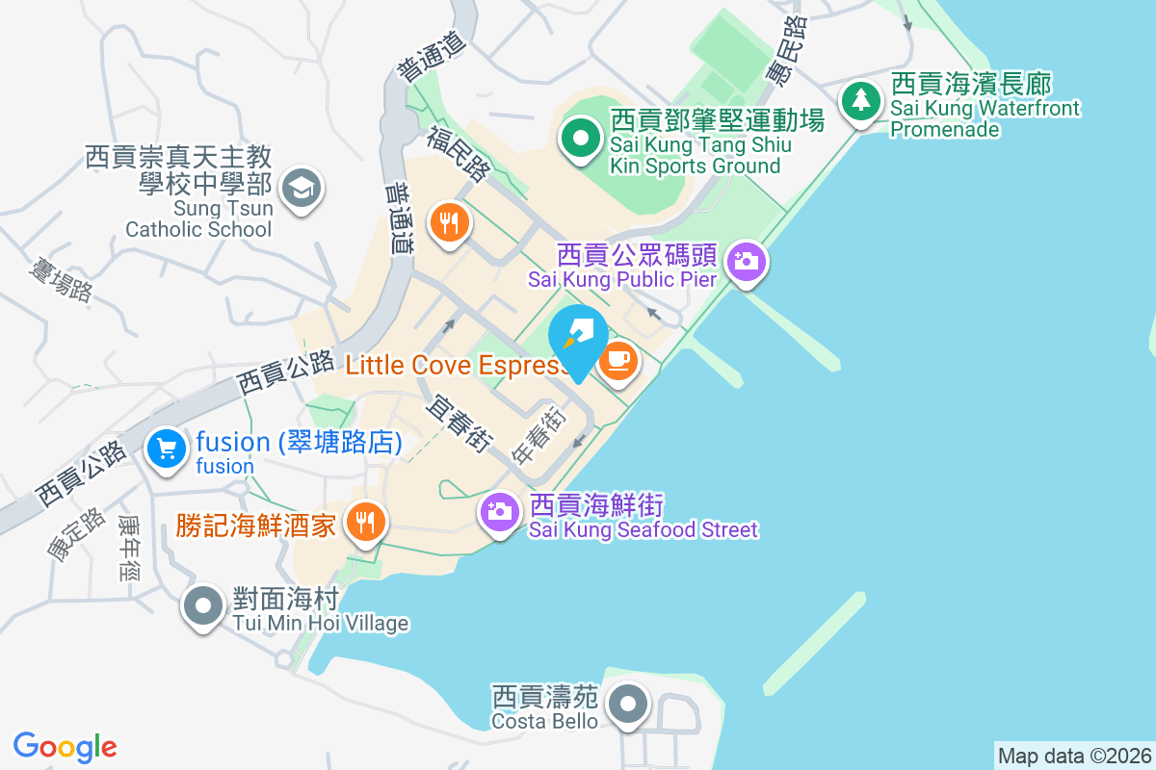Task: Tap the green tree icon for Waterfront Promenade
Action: click(861, 101)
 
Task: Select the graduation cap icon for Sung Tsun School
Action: click(302, 188)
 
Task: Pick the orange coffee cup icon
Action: click(617, 362)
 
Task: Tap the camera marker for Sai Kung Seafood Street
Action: click(499, 511)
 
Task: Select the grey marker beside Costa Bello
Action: click(629, 704)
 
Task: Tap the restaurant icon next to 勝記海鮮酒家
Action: click(364, 523)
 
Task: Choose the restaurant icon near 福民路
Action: click(448, 223)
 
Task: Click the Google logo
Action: click(66, 747)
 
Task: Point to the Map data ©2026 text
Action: click(1074, 756)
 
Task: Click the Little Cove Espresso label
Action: click(458, 365)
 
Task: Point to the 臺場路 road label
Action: click(60, 277)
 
